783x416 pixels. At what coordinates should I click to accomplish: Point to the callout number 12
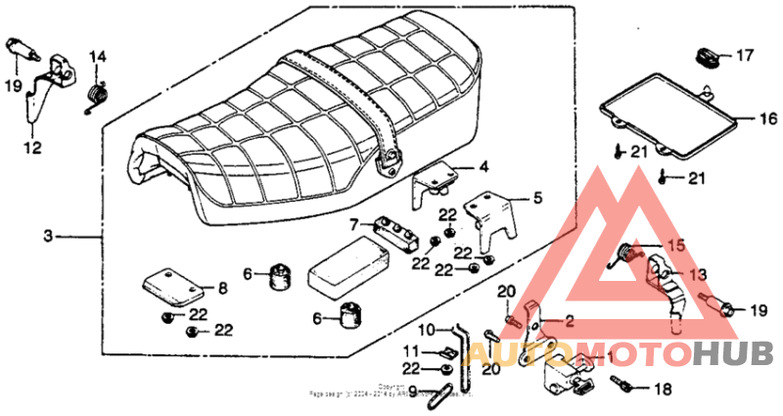[x=32, y=149]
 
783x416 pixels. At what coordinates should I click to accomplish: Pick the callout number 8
[x=222, y=289]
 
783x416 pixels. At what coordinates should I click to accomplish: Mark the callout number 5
[x=537, y=199]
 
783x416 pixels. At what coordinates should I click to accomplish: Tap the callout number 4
[x=484, y=167]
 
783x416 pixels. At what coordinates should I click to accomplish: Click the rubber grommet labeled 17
[x=707, y=55]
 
